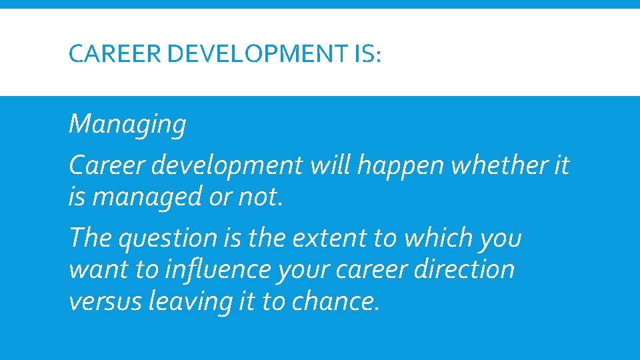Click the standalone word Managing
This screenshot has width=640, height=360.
127,125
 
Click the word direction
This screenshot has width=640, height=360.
465,270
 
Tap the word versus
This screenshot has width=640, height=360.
105,301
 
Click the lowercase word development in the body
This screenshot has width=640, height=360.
227,166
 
